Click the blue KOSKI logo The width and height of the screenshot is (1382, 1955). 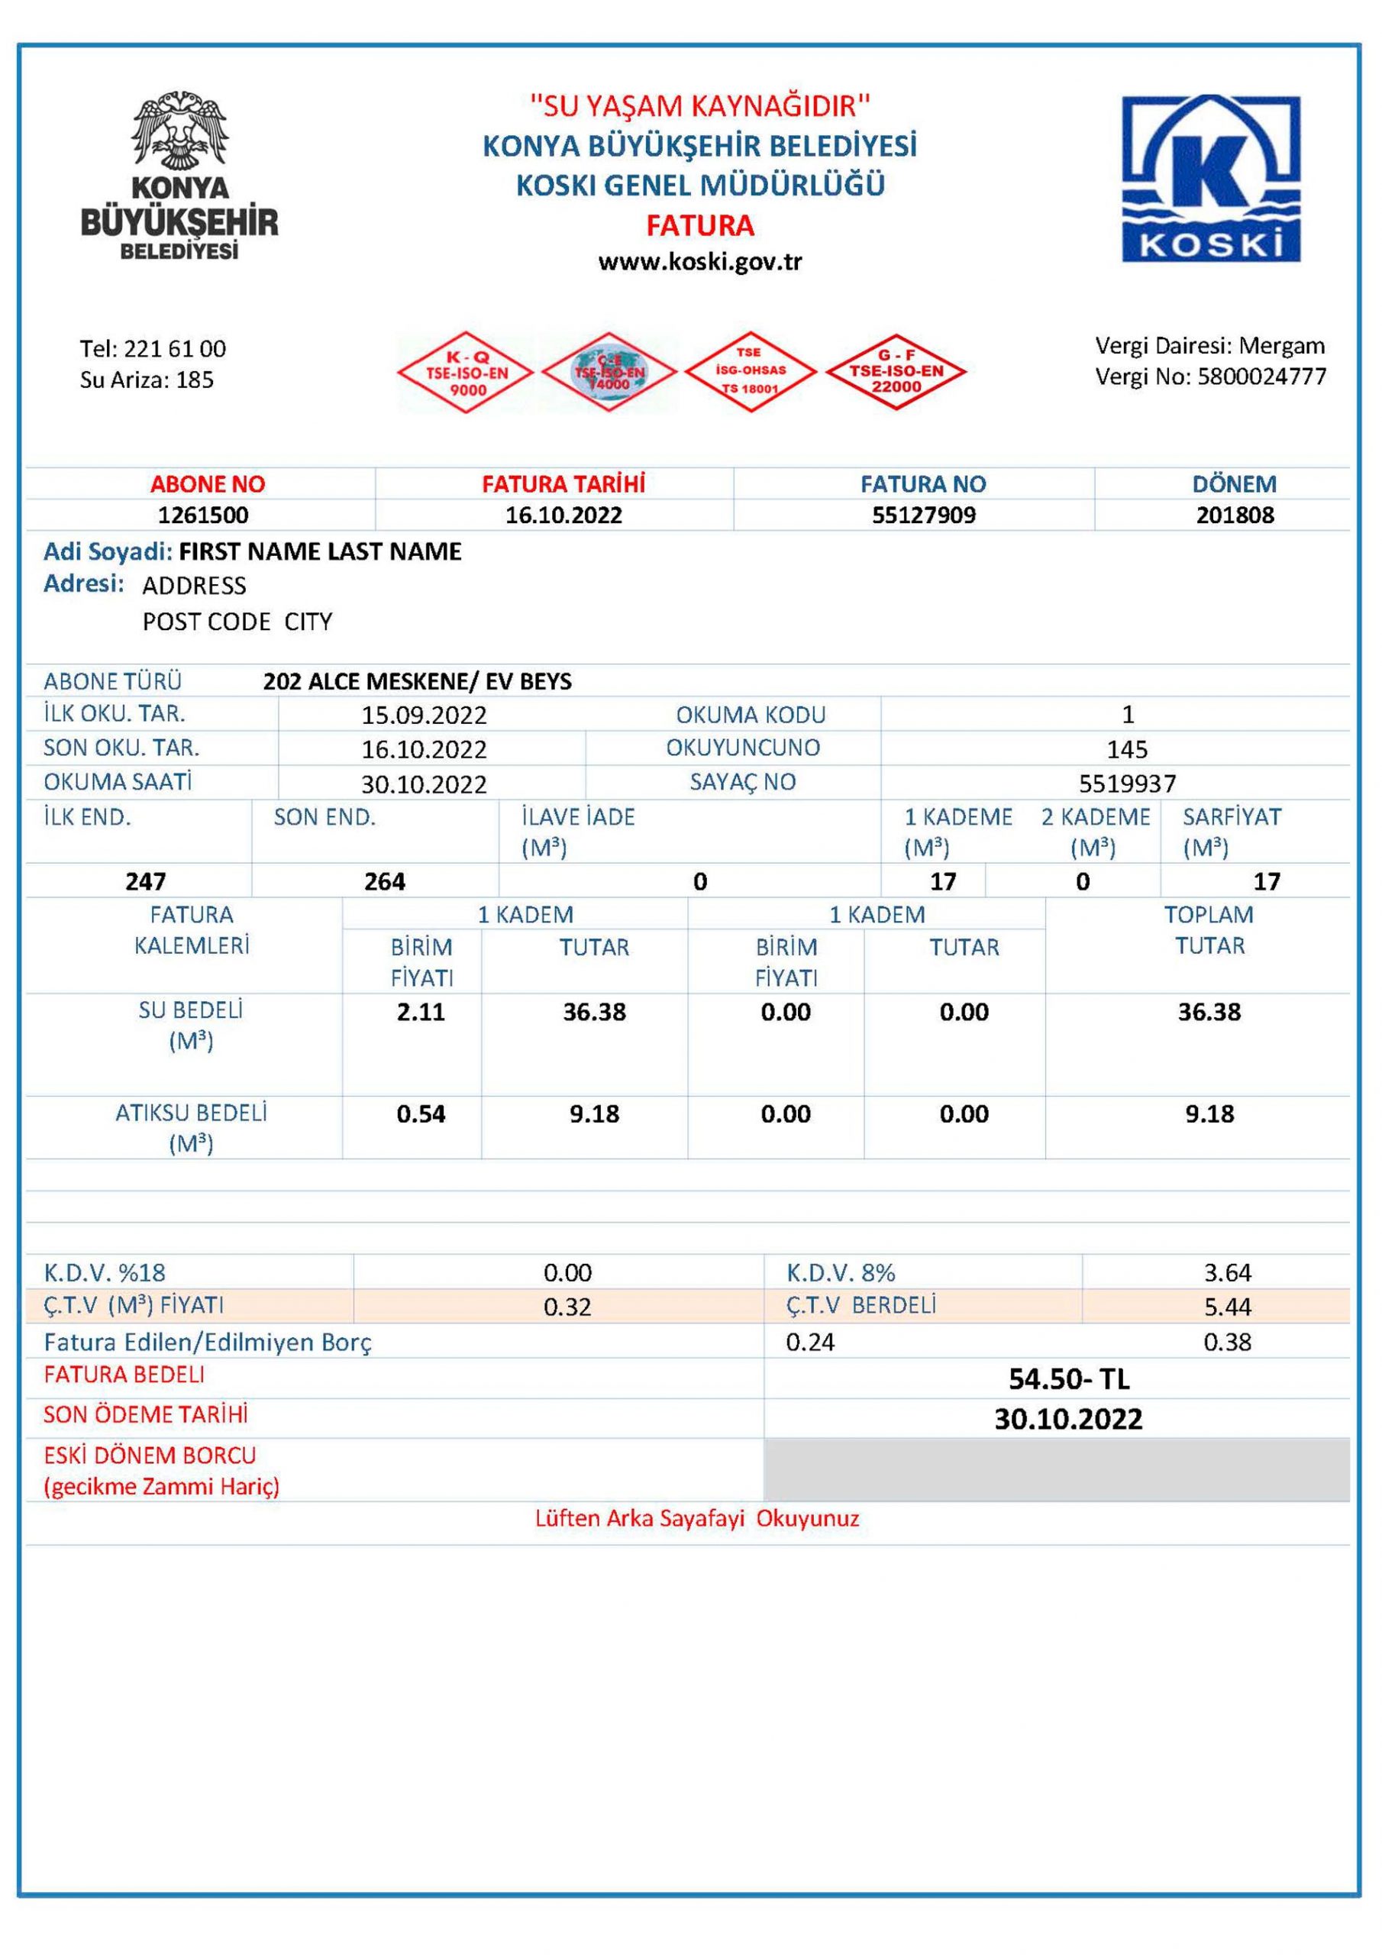click(x=1211, y=178)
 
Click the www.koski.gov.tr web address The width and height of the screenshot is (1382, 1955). click(x=700, y=261)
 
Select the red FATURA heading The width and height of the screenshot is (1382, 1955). click(x=700, y=225)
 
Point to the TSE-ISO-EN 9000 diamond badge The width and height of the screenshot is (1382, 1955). click(x=467, y=372)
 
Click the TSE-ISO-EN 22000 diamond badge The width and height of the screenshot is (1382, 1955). click(x=896, y=372)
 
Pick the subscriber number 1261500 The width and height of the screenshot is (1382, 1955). click(x=204, y=515)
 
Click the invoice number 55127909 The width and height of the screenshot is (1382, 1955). click(x=924, y=515)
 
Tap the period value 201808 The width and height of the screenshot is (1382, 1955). click(x=1235, y=515)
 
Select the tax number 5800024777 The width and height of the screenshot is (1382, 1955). click(x=1262, y=376)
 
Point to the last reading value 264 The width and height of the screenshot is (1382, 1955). click(x=385, y=881)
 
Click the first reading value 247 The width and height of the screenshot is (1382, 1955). click(x=146, y=881)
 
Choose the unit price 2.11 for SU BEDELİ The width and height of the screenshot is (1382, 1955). click(x=421, y=1012)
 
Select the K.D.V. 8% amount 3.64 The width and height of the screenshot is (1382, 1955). click(x=1227, y=1272)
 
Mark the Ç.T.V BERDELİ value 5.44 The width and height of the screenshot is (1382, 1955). click(x=1227, y=1306)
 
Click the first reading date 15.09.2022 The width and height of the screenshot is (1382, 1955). click(x=424, y=716)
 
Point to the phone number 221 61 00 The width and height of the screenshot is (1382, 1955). click(x=175, y=348)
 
